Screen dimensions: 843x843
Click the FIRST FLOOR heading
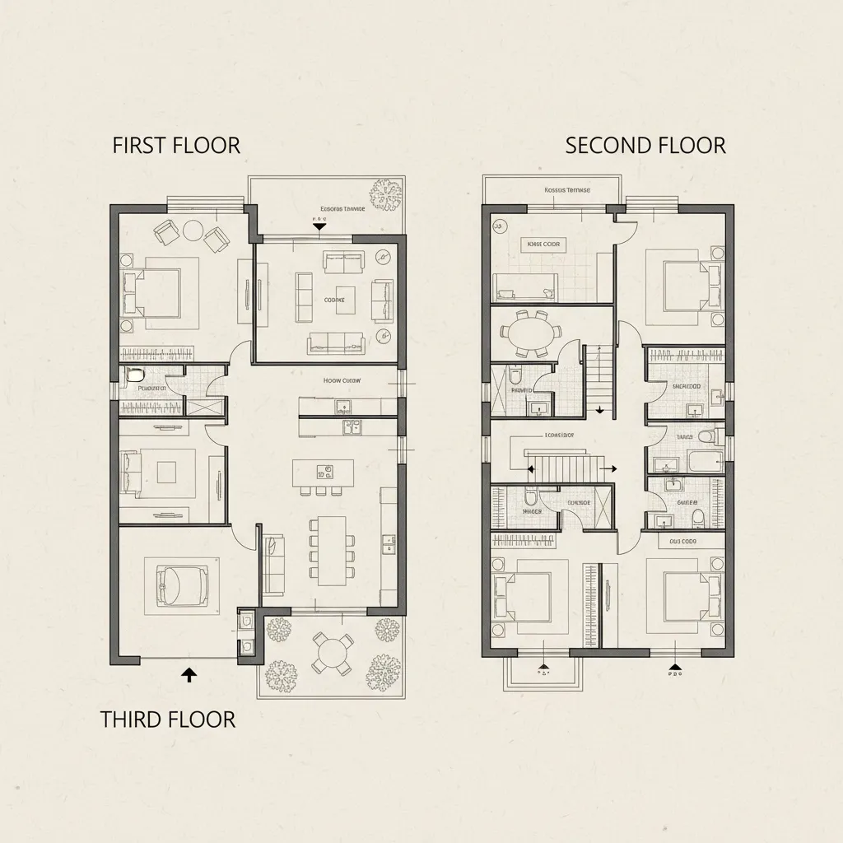click(x=176, y=146)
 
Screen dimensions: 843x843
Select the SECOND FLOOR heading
click(x=645, y=146)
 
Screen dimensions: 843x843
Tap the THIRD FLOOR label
click(x=168, y=719)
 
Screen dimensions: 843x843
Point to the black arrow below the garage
click(x=189, y=675)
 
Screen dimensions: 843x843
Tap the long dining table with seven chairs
click(x=332, y=550)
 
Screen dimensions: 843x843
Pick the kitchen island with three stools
click(x=323, y=472)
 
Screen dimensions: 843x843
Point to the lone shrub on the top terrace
click(x=384, y=195)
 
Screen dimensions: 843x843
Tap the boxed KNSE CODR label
click(x=543, y=245)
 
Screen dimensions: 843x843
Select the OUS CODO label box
click(x=682, y=542)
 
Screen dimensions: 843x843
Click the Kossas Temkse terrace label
click(x=567, y=190)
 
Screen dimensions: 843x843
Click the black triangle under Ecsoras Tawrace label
click(x=317, y=225)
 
